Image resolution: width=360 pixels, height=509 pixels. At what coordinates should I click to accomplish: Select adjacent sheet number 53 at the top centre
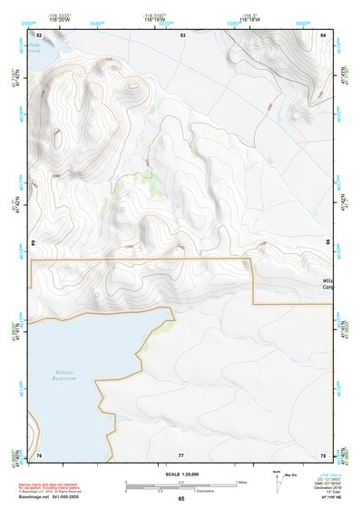click(182, 35)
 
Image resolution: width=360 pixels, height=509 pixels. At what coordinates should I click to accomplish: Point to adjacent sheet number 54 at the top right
click(324, 35)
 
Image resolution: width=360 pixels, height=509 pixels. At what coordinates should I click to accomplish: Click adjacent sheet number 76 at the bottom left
click(39, 455)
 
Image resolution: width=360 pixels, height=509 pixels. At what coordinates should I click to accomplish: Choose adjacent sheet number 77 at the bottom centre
click(181, 455)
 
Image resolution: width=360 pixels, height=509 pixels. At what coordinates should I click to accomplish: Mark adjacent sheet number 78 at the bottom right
click(324, 455)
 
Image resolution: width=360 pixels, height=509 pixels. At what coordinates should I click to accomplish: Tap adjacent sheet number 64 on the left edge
click(34, 244)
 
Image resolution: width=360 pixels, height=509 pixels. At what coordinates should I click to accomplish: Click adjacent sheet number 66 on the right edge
click(329, 244)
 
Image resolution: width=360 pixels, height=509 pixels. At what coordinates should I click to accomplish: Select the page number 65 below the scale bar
click(181, 499)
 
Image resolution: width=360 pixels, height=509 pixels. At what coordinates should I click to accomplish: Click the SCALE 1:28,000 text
click(180, 475)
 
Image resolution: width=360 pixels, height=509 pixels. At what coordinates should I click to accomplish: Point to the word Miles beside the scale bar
click(242, 482)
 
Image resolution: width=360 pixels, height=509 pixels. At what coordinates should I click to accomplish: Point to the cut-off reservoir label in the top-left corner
click(34, 47)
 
